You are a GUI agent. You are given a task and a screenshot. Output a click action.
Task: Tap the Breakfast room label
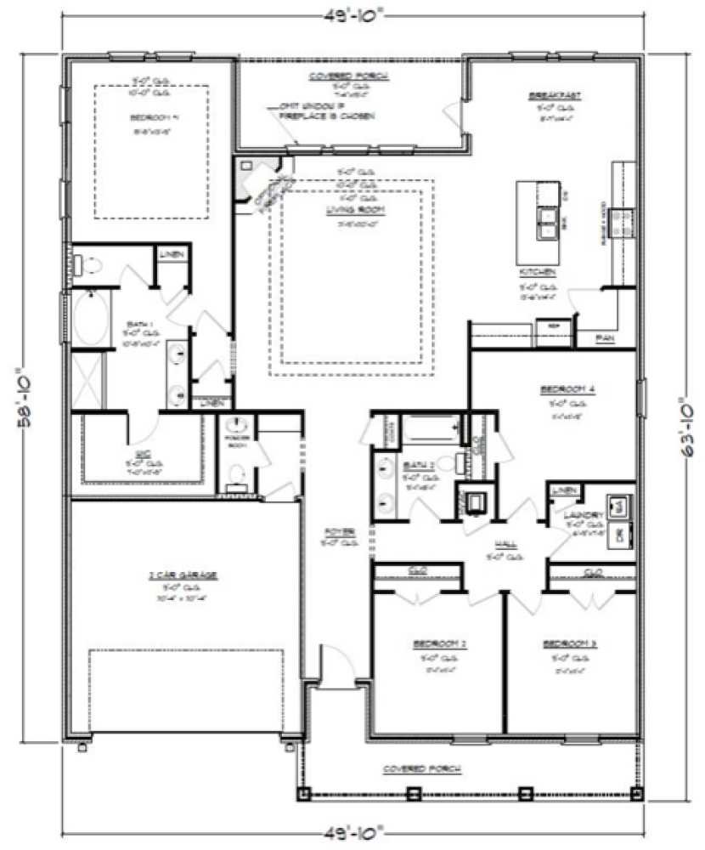[x=554, y=96]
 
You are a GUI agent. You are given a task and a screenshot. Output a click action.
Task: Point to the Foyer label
[x=337, y=531]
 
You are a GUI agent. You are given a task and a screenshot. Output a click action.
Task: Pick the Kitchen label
[x=538, y=273]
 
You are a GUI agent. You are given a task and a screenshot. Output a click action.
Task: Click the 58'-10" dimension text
[x=25, y=399]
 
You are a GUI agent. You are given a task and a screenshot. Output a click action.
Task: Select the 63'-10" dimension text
[x=674, y=399]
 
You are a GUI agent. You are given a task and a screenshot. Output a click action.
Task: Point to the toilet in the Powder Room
[x=238, y=468]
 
